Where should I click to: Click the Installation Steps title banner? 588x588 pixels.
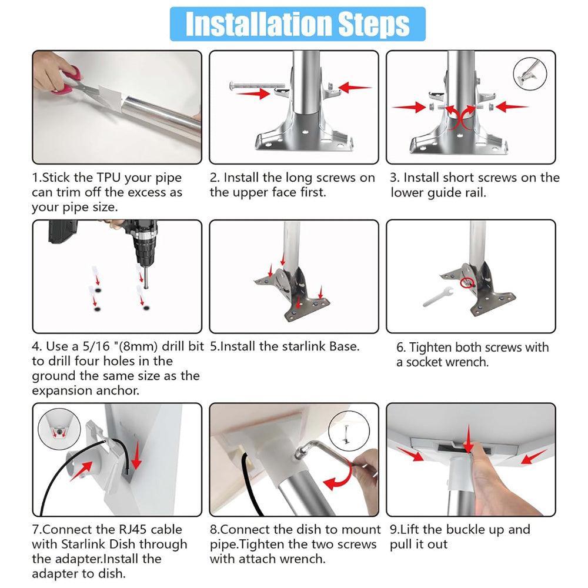(x=298, y=24)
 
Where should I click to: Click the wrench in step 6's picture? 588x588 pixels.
(x=437, y=296)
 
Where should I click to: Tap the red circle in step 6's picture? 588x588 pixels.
(x=468, y=283)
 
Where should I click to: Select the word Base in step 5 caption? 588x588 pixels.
(x=341, y=346)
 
